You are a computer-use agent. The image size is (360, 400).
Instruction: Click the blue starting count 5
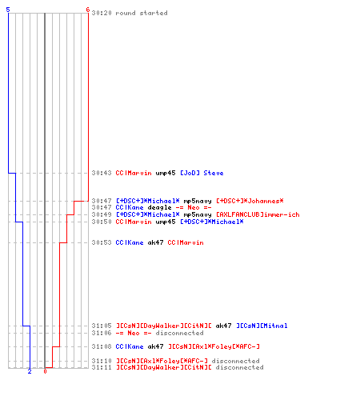click(8, 10)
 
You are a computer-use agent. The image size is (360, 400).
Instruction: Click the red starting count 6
click(87, 10)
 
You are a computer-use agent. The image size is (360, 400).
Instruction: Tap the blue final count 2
click(30, 371)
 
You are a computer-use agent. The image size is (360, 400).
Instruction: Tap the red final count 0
click(45, 371)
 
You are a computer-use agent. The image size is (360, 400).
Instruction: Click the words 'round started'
click(142, 13)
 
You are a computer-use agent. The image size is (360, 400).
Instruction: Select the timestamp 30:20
click(102, 13)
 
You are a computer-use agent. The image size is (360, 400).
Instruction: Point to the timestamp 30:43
click(102, 173)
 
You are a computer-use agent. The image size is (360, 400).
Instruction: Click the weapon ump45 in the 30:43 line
click(166, 173)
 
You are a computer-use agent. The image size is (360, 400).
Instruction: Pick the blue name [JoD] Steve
click(202, 173)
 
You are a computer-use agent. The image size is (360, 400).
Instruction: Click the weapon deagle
click(159, 207)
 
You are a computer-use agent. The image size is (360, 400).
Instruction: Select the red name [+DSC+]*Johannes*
click(250, 201)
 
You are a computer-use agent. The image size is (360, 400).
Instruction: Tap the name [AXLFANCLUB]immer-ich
click(258, 214)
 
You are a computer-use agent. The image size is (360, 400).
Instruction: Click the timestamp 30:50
click(102, 222)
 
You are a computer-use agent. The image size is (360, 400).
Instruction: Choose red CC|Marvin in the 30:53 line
click(186, 242)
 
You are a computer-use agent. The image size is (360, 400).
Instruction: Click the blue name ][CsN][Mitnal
click(262, 326)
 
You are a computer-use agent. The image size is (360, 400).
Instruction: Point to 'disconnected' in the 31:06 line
click(180, 333)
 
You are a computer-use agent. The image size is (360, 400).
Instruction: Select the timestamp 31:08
click(102, 346)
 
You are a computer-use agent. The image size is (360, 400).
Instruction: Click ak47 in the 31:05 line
click(223, 326)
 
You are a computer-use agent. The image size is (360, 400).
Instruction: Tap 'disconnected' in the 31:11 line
click(240, 367)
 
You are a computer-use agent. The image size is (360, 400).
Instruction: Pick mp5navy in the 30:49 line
click(198, 214)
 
